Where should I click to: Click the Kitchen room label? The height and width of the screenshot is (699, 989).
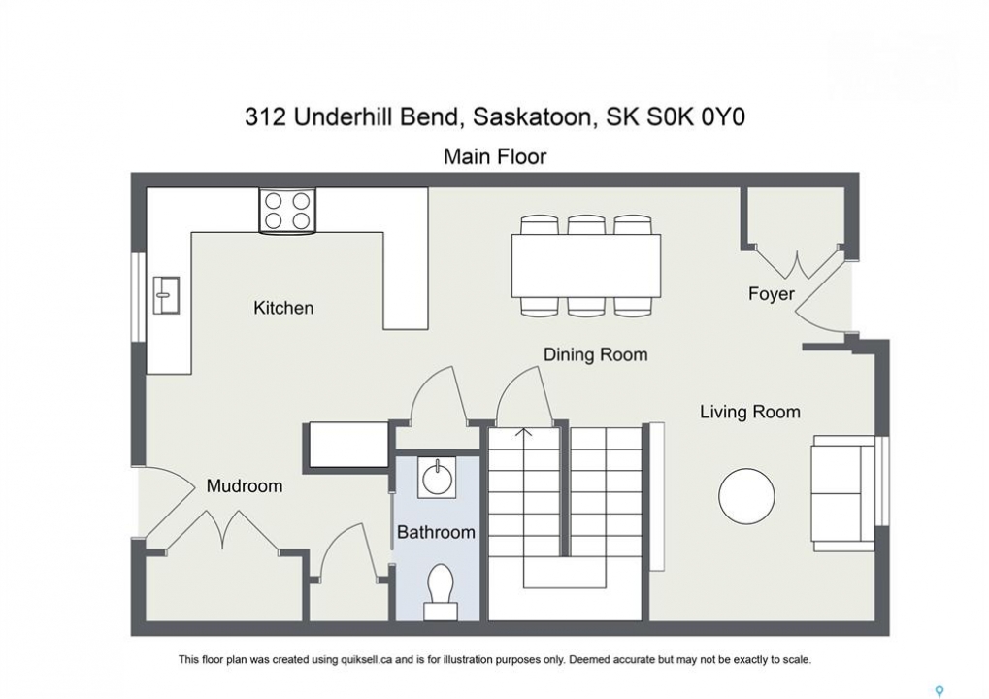coord(283,308)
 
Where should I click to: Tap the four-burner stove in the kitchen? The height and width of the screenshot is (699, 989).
coord(287,211)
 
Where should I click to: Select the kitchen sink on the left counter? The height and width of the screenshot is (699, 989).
coord(167,294)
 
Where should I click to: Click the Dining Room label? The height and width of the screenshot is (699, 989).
coord(595,354)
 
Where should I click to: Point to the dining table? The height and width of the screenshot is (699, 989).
coord(586,266)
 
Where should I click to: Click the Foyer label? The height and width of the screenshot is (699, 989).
coord(771,294)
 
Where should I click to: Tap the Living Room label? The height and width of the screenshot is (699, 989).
coord(750,412)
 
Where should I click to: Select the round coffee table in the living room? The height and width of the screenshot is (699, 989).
coord(746,496)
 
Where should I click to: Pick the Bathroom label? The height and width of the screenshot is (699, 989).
coord(436,532)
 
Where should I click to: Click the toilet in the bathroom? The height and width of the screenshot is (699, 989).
coord(441,592)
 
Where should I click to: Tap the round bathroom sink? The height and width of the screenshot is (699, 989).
coord(436,478)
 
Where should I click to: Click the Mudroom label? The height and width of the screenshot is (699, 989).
coord(245,485)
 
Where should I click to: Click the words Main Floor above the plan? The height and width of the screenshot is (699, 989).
coord(495,156)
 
